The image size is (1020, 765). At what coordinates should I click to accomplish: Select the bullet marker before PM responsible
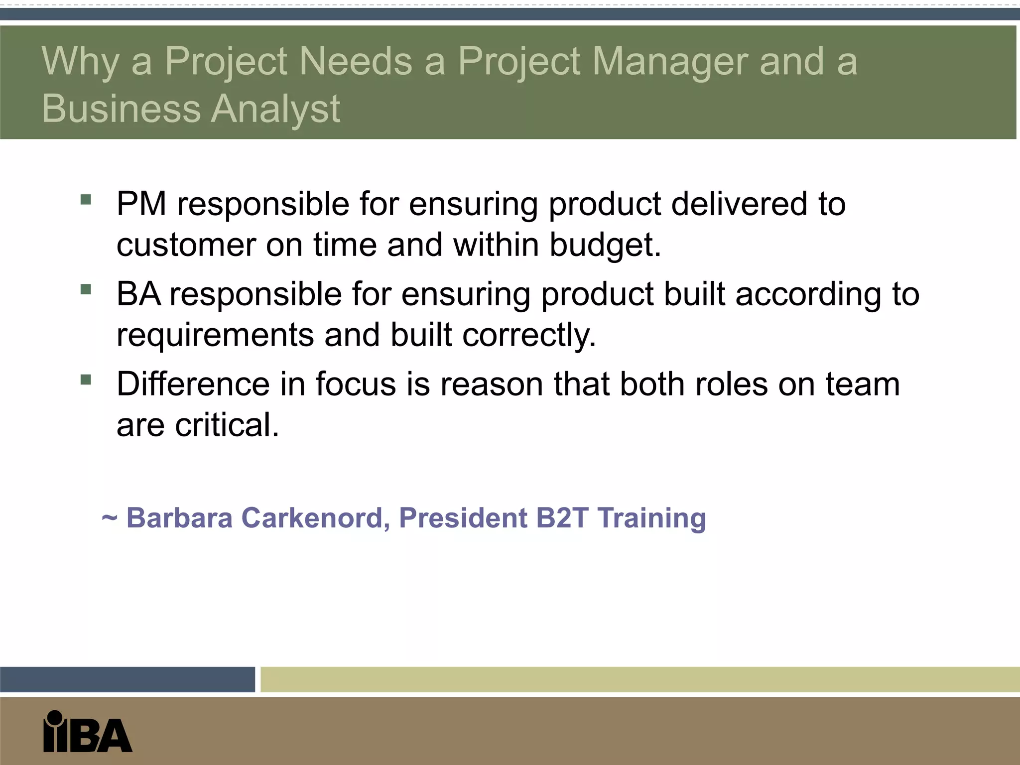click(x=86, y=200)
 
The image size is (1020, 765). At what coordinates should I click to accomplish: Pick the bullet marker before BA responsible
click(x=86, y=289)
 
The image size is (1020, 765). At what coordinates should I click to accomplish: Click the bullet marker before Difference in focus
click(x=86, y=380)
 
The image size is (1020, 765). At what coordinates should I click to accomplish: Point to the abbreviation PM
click(x=141, y=204)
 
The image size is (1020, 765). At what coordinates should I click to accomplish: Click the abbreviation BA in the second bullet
click(x=138, y=294)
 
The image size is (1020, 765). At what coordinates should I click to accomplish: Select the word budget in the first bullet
click(x=605, y=245)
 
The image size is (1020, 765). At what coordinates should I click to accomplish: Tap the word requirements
click(x=215, y=335)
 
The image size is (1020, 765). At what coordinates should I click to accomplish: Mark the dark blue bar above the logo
click(x=127, y=679)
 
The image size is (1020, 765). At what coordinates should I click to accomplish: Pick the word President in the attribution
click(x=463, y=518)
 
